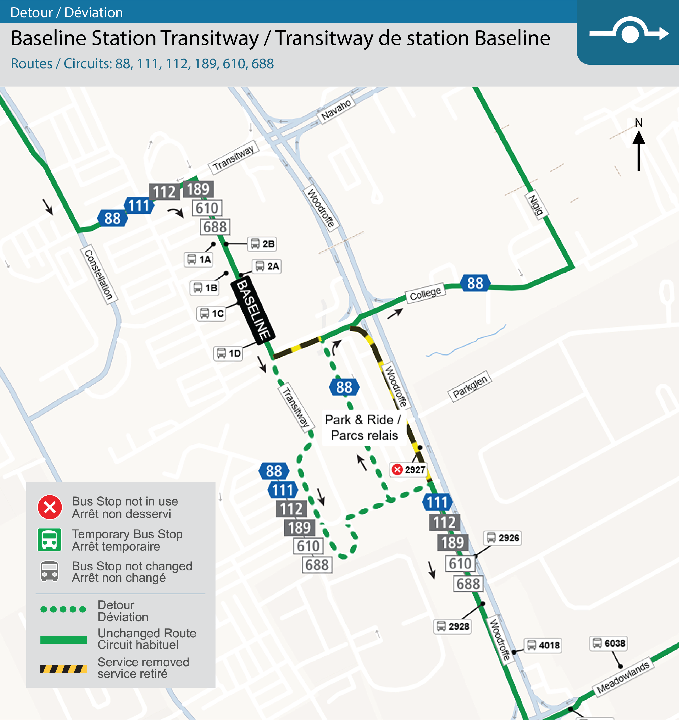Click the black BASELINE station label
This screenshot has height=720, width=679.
point(253,310)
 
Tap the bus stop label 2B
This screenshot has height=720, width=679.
point(262,244)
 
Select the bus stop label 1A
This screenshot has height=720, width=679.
point(199,260)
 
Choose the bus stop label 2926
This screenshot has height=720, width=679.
point(503,538)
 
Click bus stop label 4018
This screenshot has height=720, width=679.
point(543,645)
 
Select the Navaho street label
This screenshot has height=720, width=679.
point(336,109)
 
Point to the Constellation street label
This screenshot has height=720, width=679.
point(98,274)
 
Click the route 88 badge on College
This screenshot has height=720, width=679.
point(475,283)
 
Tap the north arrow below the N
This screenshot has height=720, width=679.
point(639,150)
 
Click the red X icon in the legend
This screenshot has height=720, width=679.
point(50,507)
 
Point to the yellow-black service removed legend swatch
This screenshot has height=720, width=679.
point(63,669)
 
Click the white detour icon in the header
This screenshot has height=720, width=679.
point(629,33)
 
